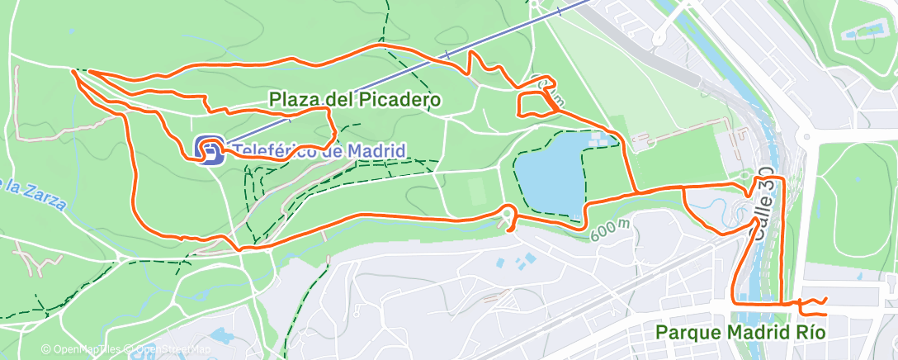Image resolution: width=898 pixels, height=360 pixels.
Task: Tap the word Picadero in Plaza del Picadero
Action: [399, 100]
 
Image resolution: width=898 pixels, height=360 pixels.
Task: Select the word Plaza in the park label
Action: [292, 100]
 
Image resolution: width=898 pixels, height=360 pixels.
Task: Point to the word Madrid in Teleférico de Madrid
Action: [376, 152]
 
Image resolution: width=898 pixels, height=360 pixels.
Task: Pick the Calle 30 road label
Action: [763, 213]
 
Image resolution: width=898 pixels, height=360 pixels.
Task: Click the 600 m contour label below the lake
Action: [611, 230]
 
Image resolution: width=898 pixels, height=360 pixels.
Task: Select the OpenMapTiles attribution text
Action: [83, 349]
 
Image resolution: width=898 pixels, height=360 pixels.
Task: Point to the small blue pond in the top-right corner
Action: [858, 36]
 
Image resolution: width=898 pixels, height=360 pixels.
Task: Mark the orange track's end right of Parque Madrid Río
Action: [825, 314]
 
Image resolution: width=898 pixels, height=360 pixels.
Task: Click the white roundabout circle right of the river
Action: [806, 138]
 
